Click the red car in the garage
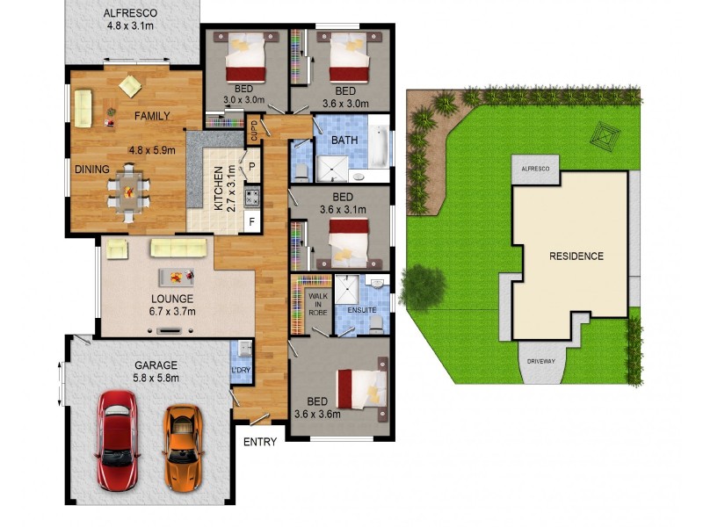click(116, 440)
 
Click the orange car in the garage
click(182, 447)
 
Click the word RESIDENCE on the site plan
click(576, 256)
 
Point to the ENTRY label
click(260, 442)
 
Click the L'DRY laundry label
click(241, 370)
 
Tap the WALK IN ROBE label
click(318, 304)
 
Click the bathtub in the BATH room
click(378, 147)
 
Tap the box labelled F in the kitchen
click(251, 220)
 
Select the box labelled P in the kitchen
click(251, 166)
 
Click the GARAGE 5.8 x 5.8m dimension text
click(156, 372)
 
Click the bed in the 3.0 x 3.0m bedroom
click(245, 60)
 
